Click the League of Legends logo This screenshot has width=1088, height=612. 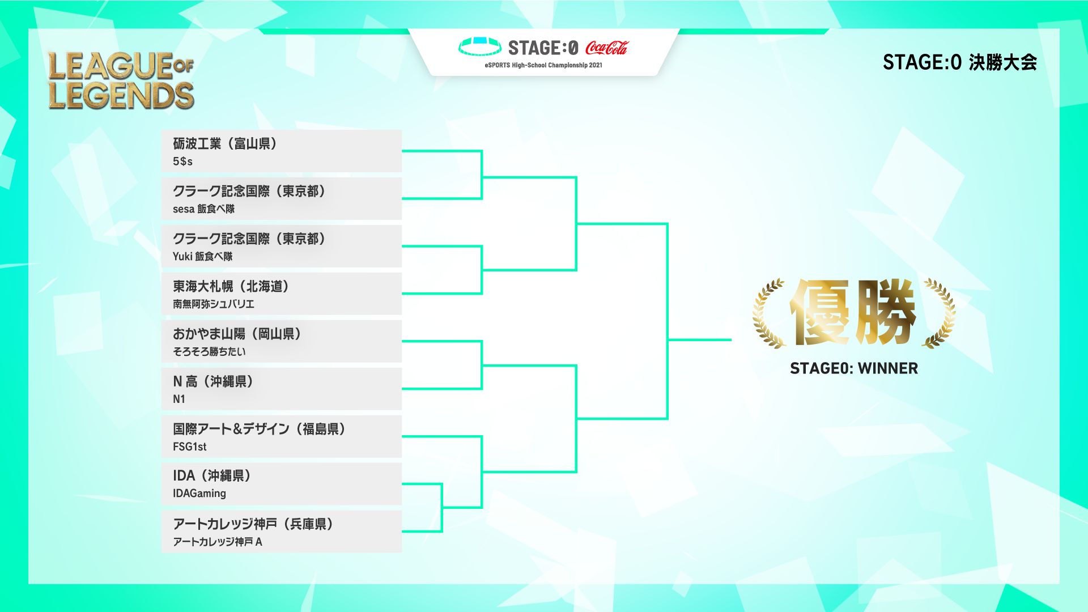coord(121,80)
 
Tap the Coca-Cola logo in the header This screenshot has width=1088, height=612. coord(607,48)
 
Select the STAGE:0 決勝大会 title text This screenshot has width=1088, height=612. coord(959,62)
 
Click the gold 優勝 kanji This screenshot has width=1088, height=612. coord(853,312)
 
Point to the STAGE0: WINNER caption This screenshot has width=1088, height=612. coord(853,368)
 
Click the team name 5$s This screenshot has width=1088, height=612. coord(182,161)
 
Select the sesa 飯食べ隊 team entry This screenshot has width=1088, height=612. coord(203,209)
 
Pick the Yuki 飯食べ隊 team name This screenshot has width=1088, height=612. coord(202,257)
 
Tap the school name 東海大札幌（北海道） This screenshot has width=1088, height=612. coord(231,287)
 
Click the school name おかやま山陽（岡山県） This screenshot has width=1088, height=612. coord(237,334)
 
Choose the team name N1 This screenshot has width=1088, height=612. coord(179,399)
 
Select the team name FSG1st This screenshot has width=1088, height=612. coord(189,447)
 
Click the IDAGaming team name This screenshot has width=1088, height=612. coord(199,494)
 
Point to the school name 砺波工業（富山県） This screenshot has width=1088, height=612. coord(225,144)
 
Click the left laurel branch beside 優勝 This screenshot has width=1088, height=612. coord(768,313)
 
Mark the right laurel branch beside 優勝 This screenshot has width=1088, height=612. coord(939,313)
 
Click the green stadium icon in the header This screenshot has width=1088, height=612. coord(479,46)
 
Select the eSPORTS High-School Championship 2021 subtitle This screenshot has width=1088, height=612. coord(543,65)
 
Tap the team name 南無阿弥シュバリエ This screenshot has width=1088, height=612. coord(214,304)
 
